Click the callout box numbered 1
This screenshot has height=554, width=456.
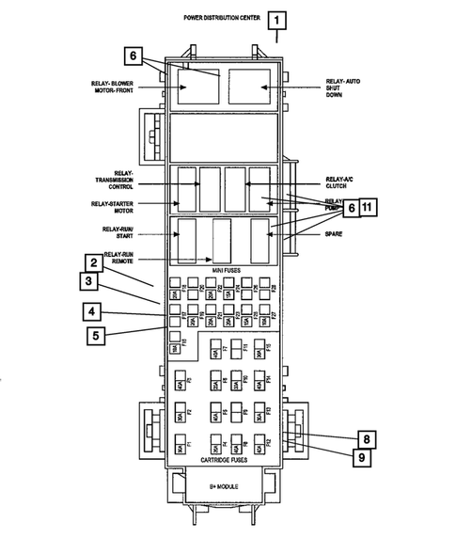click(276, 19)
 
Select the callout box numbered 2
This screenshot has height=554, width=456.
click(95, 262)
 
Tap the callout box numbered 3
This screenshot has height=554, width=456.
click(86, 281)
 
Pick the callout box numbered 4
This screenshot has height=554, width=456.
click(93, 311)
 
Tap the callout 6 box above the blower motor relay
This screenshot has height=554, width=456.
click(133, 55)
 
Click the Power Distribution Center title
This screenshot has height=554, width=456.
click(223, 18)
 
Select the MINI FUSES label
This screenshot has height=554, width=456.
click(227, 270)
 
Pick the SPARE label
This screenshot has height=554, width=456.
click(335, 234)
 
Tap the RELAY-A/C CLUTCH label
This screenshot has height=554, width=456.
click(339, 182)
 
